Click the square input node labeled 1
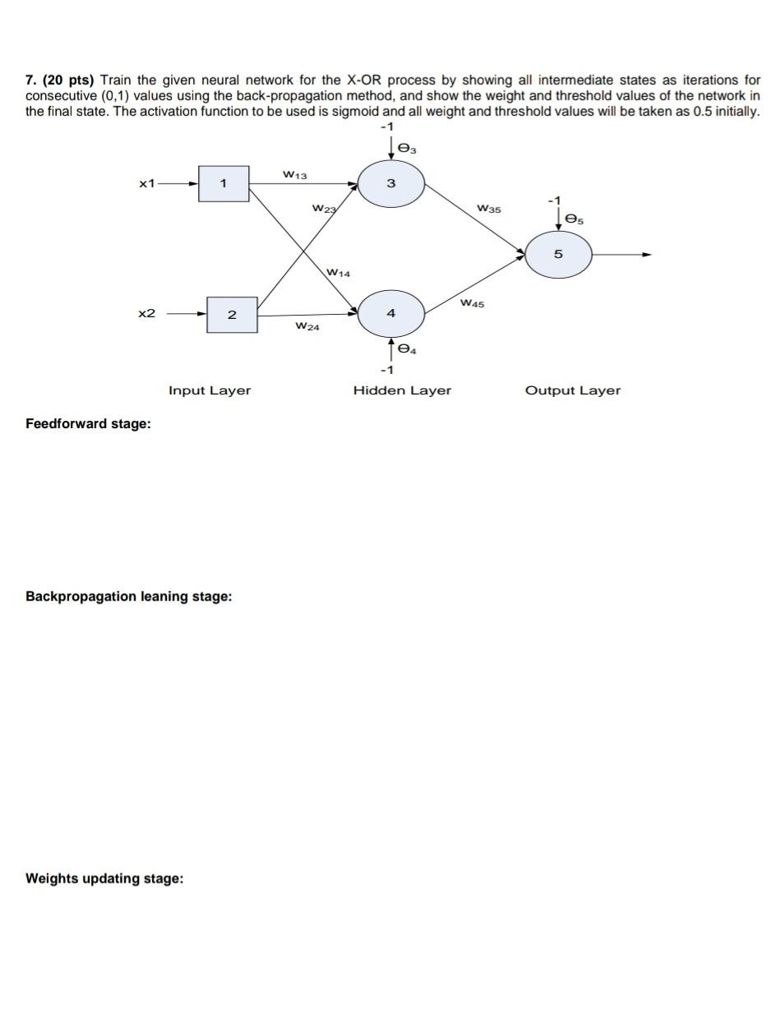(x=224, y=183)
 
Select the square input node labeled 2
(x=232, y=314)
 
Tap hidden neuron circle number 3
(x=390, y=182)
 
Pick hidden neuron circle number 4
(x=390, y=313)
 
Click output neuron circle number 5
(x=558, y=254)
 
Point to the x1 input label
(x=147, y=183)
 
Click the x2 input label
(x=147, y=313)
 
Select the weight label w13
(x=294, y=174)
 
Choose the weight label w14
(x=338, y=272)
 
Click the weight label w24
(x=307, y=326)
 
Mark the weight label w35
(x=488, y=210)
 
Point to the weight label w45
(x=473, y=303)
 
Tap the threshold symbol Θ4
(x=407, y=349)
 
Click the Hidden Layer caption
(x=402, y=390)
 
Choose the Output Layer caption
(x=572, y=390)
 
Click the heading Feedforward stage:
(x=88, y=424)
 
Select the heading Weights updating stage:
(x=104, y=879)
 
